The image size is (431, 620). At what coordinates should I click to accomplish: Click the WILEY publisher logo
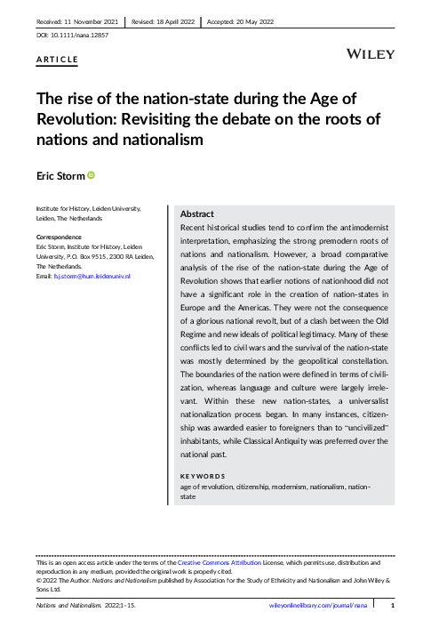tap(371, 54)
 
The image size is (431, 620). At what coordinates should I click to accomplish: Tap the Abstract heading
tap(196, 214)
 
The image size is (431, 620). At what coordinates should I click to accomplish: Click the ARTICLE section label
tap(57, 60)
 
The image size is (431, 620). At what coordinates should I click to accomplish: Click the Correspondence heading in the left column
tap(59, 238)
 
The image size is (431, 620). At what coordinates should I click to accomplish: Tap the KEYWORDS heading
tap(203, 476)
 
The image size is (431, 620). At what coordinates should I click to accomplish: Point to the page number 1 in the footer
tap(392, 605)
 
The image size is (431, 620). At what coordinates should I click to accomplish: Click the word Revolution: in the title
tap(76, 119)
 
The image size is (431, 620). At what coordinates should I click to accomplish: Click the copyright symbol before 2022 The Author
tap(38, 579)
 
